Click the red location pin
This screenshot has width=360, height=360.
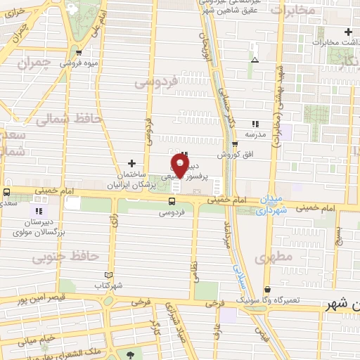[179, 166]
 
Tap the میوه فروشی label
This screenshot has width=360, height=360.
[78, 63]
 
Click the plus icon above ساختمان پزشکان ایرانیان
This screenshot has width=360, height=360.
[131, 162]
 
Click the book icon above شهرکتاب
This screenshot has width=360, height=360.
[108, 275]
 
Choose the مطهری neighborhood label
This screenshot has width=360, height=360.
[275, 258]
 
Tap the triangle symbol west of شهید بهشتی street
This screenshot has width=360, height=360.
[255, 60]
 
